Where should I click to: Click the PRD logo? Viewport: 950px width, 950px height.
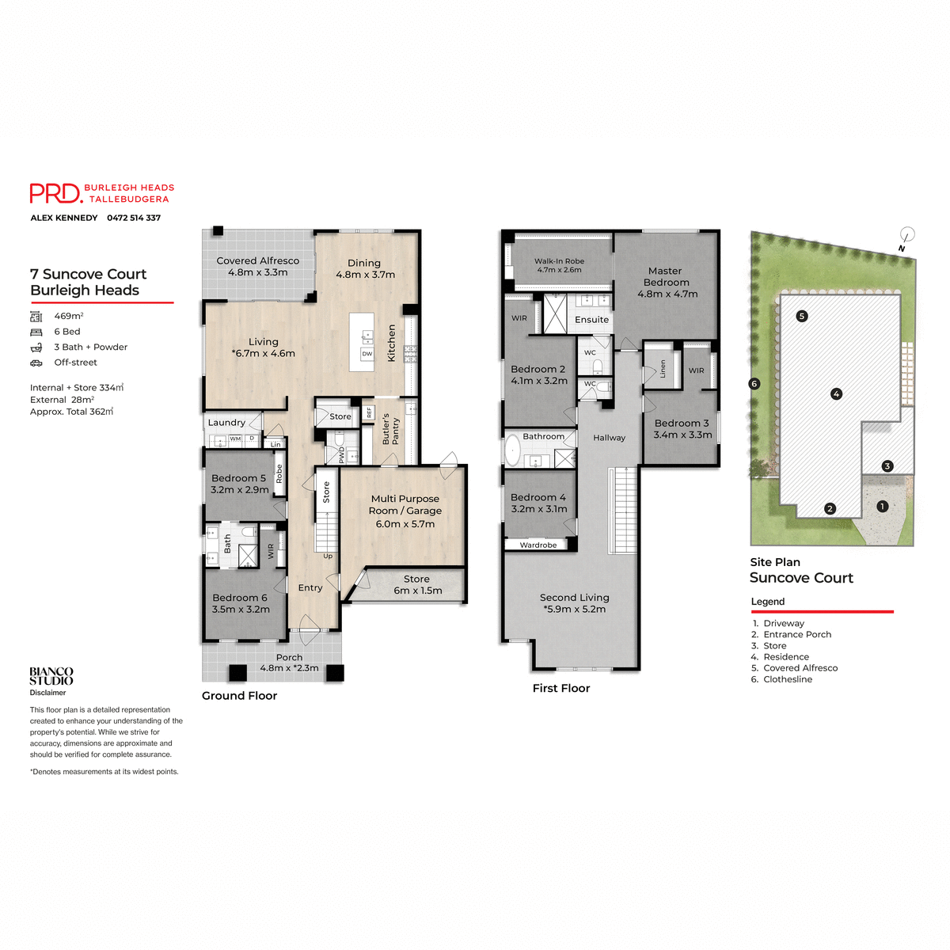pos(55,193)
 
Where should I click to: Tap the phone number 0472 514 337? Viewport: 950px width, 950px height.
pos(134,218)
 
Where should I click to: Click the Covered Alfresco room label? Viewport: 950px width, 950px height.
pos(258,266)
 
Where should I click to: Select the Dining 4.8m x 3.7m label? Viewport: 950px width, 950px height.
pos(364,268)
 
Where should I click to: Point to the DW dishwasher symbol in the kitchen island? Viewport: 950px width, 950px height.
pos(367,354)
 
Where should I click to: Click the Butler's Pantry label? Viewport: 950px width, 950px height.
pos(391,430)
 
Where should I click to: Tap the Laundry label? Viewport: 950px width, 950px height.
pos(226,423)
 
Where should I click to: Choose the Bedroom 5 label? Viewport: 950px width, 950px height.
pos(239,484)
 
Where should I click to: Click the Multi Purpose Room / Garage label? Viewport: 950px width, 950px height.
pos(405,511)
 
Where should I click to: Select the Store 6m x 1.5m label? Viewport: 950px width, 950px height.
pos(417,584)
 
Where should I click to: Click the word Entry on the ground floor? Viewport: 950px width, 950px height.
pos(310,588)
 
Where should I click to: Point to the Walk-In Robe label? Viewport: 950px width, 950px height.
pos(559,265)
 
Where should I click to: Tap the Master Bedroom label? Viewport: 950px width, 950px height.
pos(667,282)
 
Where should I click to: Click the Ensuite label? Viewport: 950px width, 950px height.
pos(591,320)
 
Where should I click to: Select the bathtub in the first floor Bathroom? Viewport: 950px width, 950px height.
pos(513,452)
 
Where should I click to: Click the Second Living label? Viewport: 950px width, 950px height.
pos(575,603)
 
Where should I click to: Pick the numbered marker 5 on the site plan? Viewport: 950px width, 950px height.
pos(802,316)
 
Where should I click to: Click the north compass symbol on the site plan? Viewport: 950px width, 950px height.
pos(907,235)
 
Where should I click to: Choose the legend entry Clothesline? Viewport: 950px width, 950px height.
pos(787,679)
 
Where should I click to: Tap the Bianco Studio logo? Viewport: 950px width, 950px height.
pos(51,676)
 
